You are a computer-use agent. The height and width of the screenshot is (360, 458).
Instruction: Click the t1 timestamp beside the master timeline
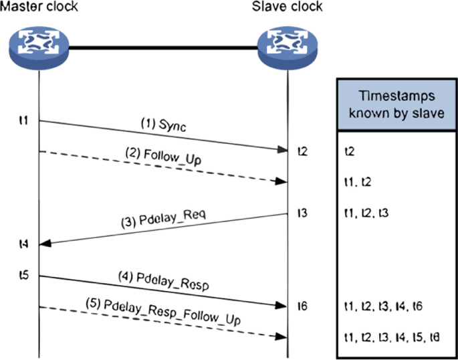(23, 120)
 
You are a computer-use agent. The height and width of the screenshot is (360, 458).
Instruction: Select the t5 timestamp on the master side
(23, 274)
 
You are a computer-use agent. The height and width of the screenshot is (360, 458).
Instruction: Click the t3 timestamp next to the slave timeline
(303, 213)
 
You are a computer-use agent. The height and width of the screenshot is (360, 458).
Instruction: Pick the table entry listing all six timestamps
(390, 336)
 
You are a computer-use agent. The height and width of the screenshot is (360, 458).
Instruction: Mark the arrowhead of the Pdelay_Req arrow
(45, 244)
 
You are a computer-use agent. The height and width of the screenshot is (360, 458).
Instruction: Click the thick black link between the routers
(163, 48)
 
